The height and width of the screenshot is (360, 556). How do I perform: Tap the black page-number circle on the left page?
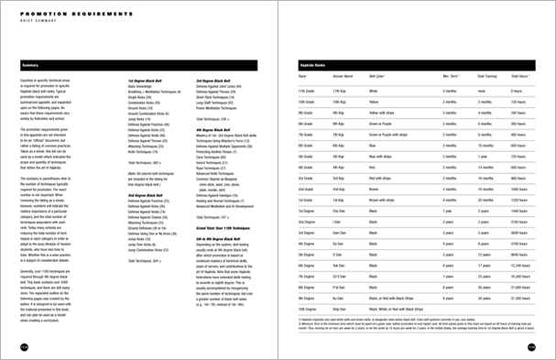click(x=23, y=344)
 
